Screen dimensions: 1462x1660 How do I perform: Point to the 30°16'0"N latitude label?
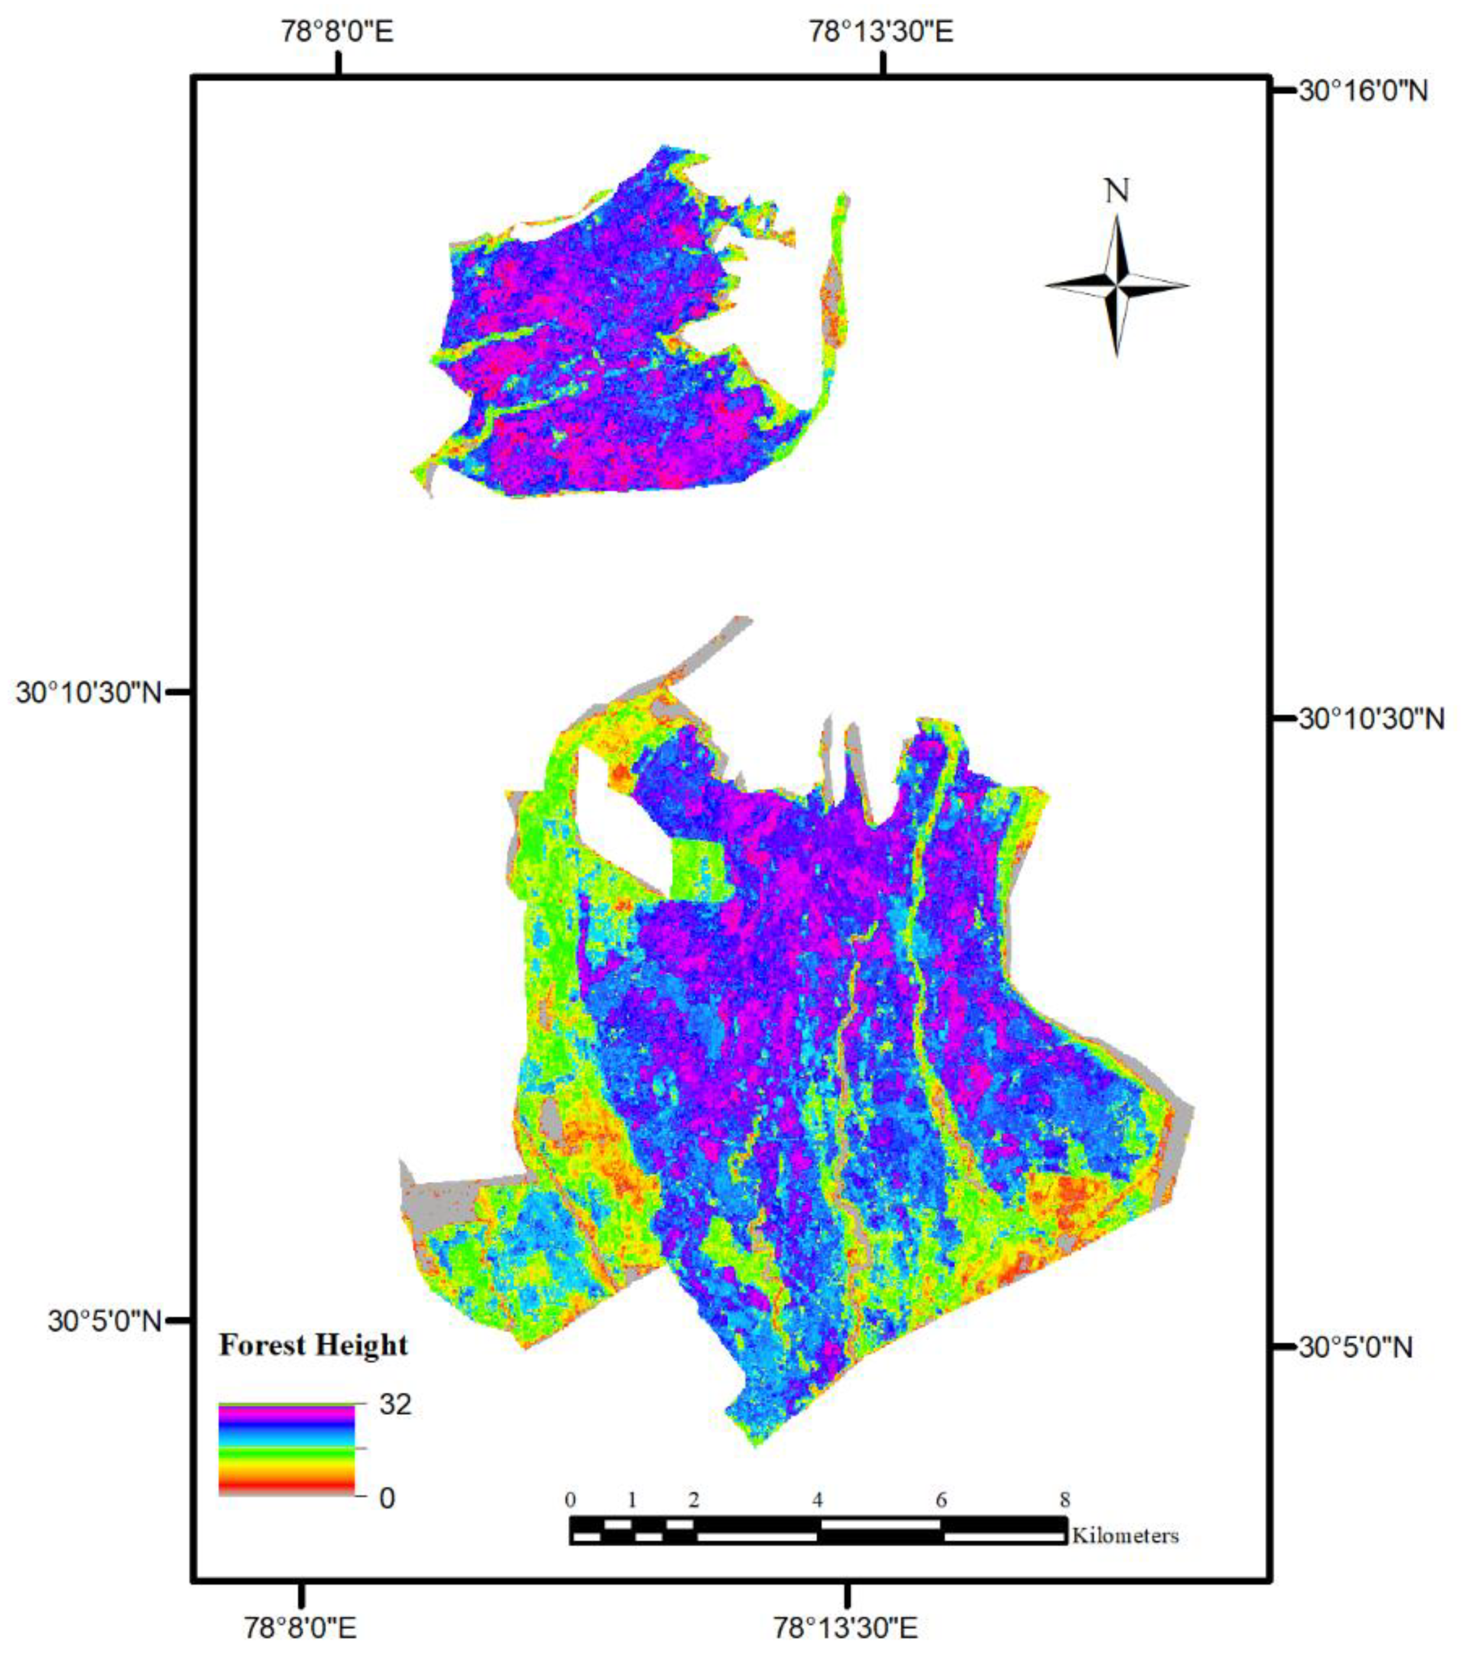coord(1363,91)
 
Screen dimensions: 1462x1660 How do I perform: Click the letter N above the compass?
coord(1117,192)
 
